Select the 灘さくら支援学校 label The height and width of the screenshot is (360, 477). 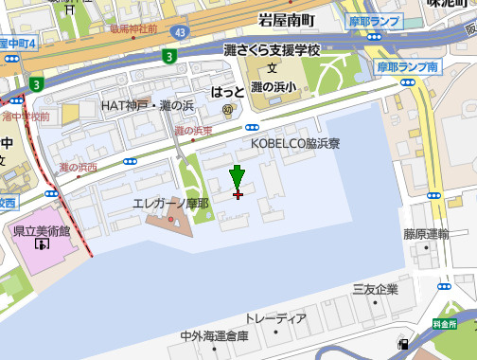pos(274,49)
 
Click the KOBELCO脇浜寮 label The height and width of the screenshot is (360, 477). pos(295,143)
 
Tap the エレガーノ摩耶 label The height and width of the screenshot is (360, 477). pos(171,203)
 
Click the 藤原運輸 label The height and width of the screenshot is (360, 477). pos(425,234)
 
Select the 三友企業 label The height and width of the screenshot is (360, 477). pos(376,289)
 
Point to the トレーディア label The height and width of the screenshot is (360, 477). pos(275,317)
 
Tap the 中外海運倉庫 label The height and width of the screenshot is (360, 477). pos(214,336)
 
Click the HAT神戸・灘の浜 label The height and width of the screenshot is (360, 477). pos(148,105)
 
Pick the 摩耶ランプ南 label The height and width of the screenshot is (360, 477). pos(407,68)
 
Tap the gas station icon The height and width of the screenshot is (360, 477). pos(405,345)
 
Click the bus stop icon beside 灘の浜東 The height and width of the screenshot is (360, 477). pos(252,126)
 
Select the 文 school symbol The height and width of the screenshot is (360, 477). pos(273,69)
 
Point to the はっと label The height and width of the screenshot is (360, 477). pos(227,92)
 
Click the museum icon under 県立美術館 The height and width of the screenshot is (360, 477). pos(41,244)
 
